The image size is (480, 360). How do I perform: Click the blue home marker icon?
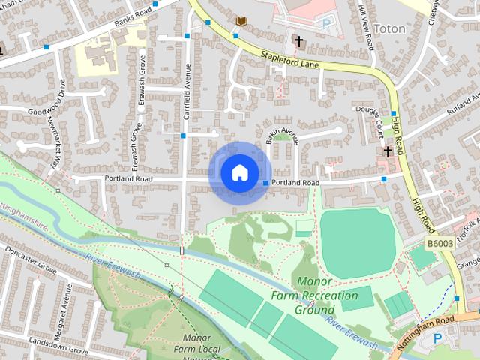[x=238, y=172]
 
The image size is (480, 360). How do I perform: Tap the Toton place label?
[x=389, y=29]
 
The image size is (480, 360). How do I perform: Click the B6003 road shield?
[x=440, y=244]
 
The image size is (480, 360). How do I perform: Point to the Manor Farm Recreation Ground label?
[x=326, y=295]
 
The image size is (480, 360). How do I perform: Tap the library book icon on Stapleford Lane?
[x=241, y=21]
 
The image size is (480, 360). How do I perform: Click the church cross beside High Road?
[x=388, y=152]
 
